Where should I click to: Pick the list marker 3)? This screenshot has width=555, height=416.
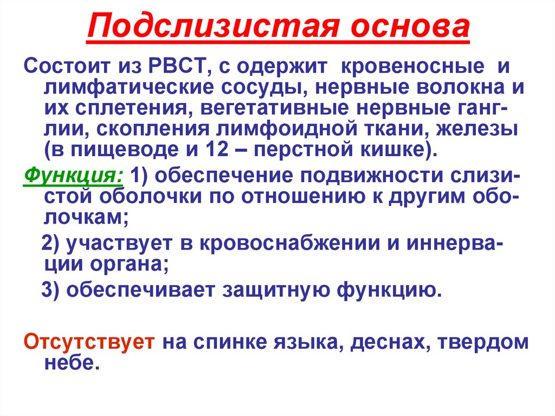tap(54, 290)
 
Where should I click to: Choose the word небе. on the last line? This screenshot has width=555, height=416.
tap(71, 362)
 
